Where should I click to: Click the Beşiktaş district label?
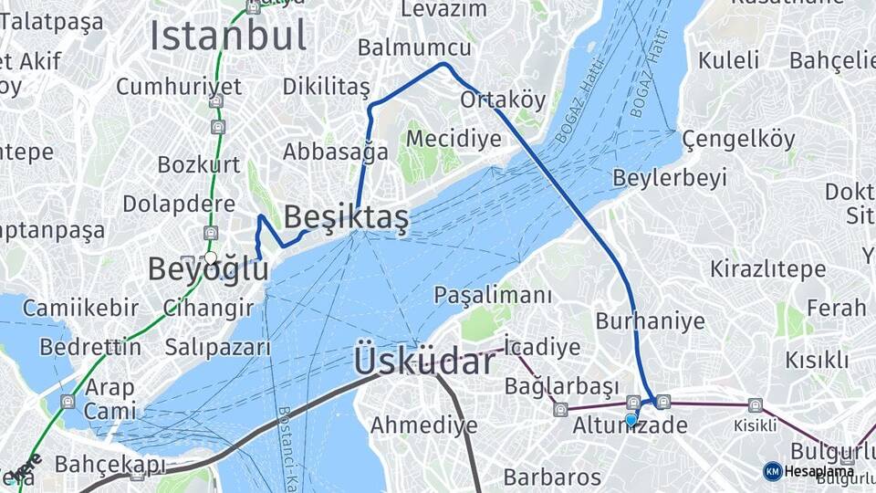[x=346, y=217]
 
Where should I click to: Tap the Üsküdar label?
[x=424, y=362]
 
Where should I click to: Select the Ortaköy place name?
[x=503, y=99]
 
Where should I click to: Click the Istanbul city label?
[x=227, y=36]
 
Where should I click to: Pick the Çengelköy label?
[x=738, y=139]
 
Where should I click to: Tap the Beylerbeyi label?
[x=670, y=177]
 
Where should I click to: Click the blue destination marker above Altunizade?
[x=631, y=420]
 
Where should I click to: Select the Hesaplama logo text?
[x=819, y=471]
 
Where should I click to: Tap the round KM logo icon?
[x=772, y=471]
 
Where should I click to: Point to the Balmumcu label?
[x=414, y=47]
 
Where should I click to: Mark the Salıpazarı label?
[x=218, y=347]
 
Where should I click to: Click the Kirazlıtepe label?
[x=768, y=269]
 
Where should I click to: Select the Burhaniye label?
[x=650, y=320]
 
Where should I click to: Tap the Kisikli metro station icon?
[x=755, y=405]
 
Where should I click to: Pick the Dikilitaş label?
[x=326, y=87]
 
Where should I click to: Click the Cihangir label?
[x=209, y=307]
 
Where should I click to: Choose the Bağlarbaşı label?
[x=561, y=385]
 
